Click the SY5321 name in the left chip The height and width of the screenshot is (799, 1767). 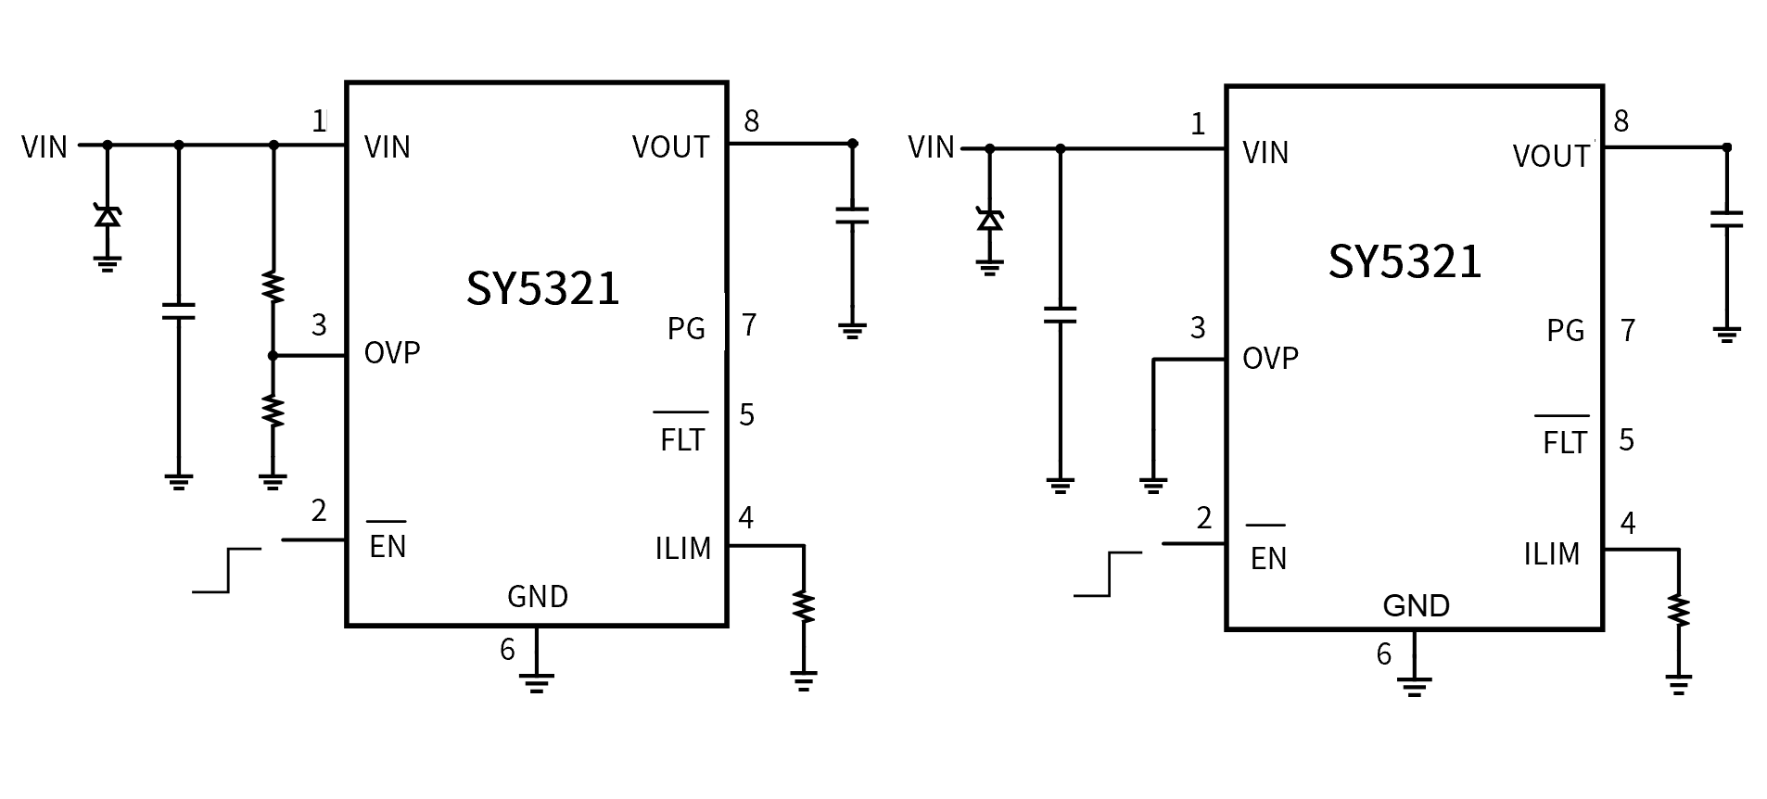coord(542,288)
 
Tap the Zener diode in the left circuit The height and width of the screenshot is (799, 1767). coord(108,217)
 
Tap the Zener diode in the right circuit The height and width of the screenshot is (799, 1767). coord(990,220)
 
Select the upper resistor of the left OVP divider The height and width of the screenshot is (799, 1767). coord(273,287)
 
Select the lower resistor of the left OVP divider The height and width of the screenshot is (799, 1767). coord(273,411)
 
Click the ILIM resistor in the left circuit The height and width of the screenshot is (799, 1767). coord(804,607)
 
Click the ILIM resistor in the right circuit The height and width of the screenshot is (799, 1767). coord(1678,611)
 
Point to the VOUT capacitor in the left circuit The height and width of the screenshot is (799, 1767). coord(852,216)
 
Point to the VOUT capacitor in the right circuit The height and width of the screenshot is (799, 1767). coord(1726,220)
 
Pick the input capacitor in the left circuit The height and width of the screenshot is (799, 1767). coord(179,311)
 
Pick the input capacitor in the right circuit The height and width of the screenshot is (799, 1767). coord(1060,315)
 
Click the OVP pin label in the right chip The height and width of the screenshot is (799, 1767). coord(1270,359)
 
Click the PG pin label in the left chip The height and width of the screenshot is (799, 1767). coord(686,329)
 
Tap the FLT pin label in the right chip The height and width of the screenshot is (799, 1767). coord(1564,442)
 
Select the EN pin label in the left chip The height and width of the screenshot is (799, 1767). coord(388,546)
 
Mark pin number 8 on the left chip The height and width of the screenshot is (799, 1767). coord(751,121)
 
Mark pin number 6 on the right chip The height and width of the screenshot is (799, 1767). coord(1383,654)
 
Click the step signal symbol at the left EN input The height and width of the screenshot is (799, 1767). coord(227,570)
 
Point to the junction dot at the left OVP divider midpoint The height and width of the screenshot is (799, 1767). coord(273,356)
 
